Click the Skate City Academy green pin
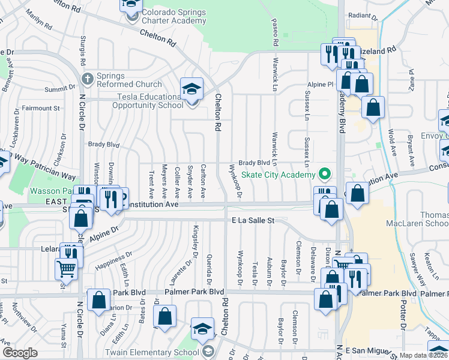pyautogui.click(x=325, y=175)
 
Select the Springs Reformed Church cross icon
pyautogui.click(x=88, y=79)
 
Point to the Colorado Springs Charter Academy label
pyautogui.click(x=174, y=17)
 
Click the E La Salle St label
pyautogui.click(x=253, y=221)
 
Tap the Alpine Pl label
pyautogui.click(x=321, y=85)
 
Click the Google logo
pyautogui.click(x=20, y=353)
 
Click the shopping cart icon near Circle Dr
pyautogui.click(x=67, y=268)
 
